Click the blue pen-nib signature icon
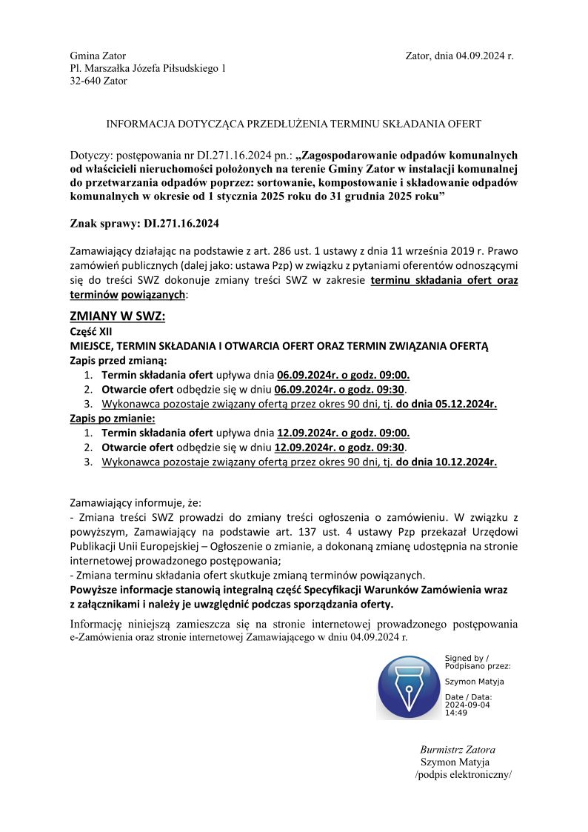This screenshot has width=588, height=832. pyautogui.click(x=409, y=688)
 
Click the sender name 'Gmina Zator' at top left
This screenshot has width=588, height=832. pyautogui.click(x=98, y=56)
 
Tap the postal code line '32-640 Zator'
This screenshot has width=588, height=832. pyautogui.click(x=98, y=81)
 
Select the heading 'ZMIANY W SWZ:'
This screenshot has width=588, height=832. pyautogui.click(x=117, y=316)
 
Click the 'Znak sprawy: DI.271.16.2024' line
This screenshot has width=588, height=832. pyautogui.click(x=144, y=223)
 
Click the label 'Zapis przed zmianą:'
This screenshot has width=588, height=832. pyautogui.click(x=118, y=361)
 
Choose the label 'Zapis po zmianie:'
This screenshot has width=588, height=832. pyautogui.click(x=113, y=419)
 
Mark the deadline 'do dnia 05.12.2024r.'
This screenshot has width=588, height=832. pyautogui.click(x=447, y=404)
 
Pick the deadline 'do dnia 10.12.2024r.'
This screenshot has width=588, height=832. pyautogui.click(x=447, y=462)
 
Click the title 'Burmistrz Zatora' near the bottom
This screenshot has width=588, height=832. pyautogui.click(x=458, y=750)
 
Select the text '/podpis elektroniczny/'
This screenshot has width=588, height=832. pyautogui.click(x=464, y=775)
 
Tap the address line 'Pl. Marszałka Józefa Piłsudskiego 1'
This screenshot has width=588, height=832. pyautogui.click(x=147, y=69)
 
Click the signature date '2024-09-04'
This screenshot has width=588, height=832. pyautogui.click(x=467, y=705)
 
